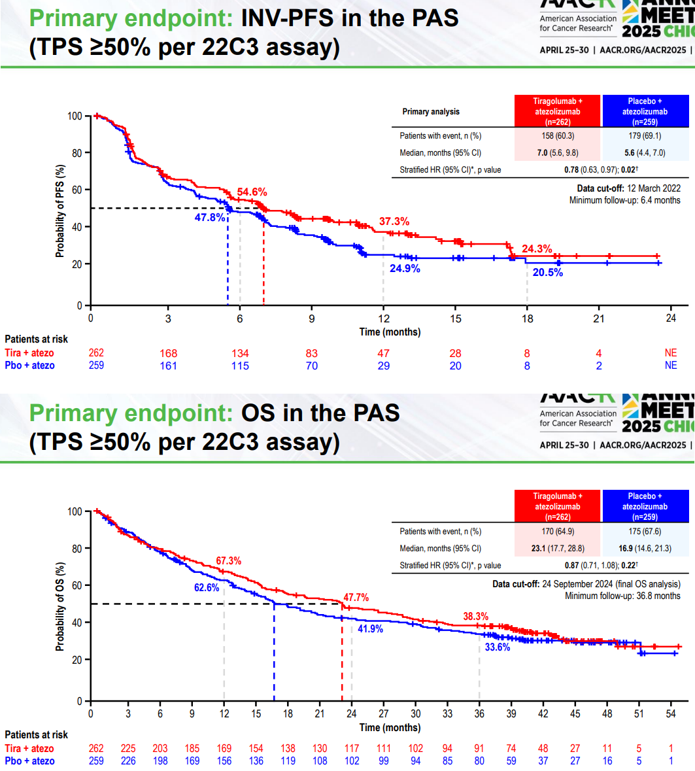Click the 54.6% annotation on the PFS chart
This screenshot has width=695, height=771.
click(252, 192)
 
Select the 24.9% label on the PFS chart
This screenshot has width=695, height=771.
click(400, 268)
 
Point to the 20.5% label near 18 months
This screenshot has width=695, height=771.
click(547, 273)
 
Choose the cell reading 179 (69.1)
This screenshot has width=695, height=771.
click(645, 136)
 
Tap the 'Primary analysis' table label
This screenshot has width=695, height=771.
click(431, 112)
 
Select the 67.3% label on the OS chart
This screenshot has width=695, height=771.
click(228, 561)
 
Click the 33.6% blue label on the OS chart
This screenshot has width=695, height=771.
click(497, 647)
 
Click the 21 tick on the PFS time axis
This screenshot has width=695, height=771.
click(599, 318)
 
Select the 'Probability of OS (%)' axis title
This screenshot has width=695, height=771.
click(60, 606)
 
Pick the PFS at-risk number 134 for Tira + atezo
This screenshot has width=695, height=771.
click(240, 354)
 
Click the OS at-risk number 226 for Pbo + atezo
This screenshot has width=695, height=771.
click(128, 761)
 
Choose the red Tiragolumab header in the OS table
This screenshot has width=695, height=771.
click(558, 507)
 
